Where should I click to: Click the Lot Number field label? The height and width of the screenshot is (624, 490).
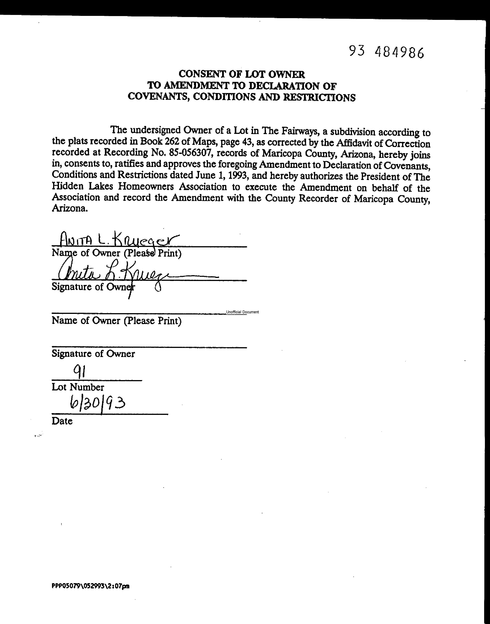coord(78,387)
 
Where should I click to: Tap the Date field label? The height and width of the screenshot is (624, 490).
coord(62,421)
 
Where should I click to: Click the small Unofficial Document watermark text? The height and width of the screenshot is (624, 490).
coord(242,312)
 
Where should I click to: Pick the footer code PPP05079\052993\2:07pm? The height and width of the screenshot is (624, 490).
coord(90,586)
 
